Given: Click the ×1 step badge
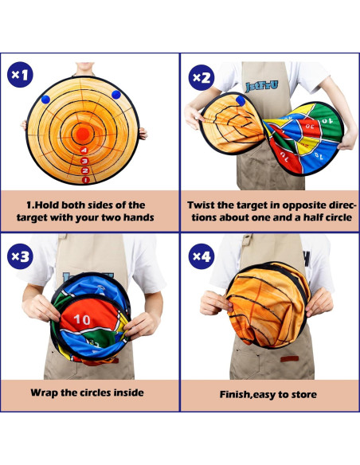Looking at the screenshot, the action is pyautogui.click(x=20, y=75).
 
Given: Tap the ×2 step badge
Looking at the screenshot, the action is pyautogui.click(x=202, y=78).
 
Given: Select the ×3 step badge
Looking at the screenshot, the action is pyautogui.click(x=20, y=256).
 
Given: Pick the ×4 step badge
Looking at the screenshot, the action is pyautogui.click(x=202, y=256).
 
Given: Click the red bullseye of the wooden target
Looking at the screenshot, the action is pyautogui.click(x=83, y=134).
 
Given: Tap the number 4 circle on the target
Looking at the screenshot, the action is pyautogui.click(x=84, y=150).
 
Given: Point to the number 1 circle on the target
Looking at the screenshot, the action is pyautogui.click(x=86, y=180).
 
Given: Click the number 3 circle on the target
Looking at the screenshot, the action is pyautogui.click(x=84, y=161).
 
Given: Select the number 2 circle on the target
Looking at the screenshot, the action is pyautogui.click(x=85, y=170).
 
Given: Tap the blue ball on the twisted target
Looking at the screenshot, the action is pyautogui.click(x=241, y=100).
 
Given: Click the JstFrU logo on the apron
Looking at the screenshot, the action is pyautogui.click(x=262, y=86).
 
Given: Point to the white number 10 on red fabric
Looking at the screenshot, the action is pyautogui.click(x=82, y=319).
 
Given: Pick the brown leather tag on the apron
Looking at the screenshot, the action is pyautogui.click(x=289, y=359).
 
